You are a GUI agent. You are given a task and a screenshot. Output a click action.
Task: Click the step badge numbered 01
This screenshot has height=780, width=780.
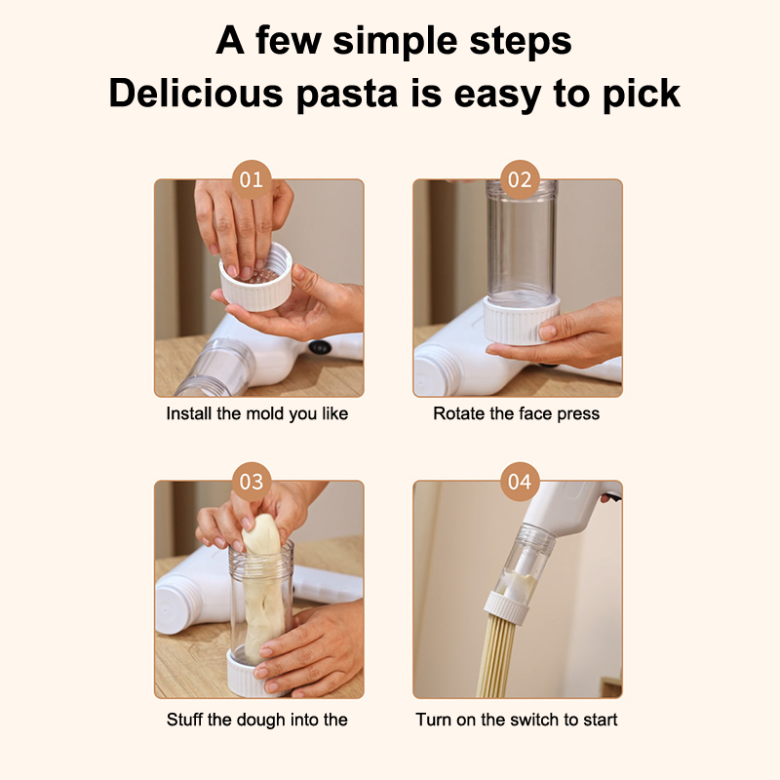point(252,179)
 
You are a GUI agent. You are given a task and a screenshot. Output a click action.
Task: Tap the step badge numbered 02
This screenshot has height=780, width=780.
point(520,179)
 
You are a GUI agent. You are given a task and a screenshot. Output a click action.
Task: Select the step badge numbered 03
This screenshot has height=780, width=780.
point(252,482)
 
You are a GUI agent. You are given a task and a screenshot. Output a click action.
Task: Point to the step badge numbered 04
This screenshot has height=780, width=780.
point(520,482)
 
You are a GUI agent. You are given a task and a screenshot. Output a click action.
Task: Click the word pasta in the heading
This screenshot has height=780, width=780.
point(347,94)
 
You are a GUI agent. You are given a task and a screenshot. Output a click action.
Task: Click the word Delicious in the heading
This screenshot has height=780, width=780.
point(196,93)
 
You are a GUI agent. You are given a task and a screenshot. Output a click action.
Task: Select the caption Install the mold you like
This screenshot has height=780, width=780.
point(257,413)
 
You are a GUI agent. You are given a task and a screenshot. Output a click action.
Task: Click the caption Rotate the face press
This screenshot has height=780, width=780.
point(517,413)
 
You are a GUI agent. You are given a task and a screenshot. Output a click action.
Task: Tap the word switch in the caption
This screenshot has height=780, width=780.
point(537,720)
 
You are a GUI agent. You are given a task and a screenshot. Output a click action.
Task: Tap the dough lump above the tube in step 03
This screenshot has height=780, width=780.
point(261,534)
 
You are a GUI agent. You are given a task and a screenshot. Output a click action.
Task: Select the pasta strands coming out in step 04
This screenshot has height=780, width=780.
point(493,655)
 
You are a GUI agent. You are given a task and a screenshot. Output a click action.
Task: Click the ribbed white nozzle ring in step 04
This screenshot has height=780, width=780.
point(505,607)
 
